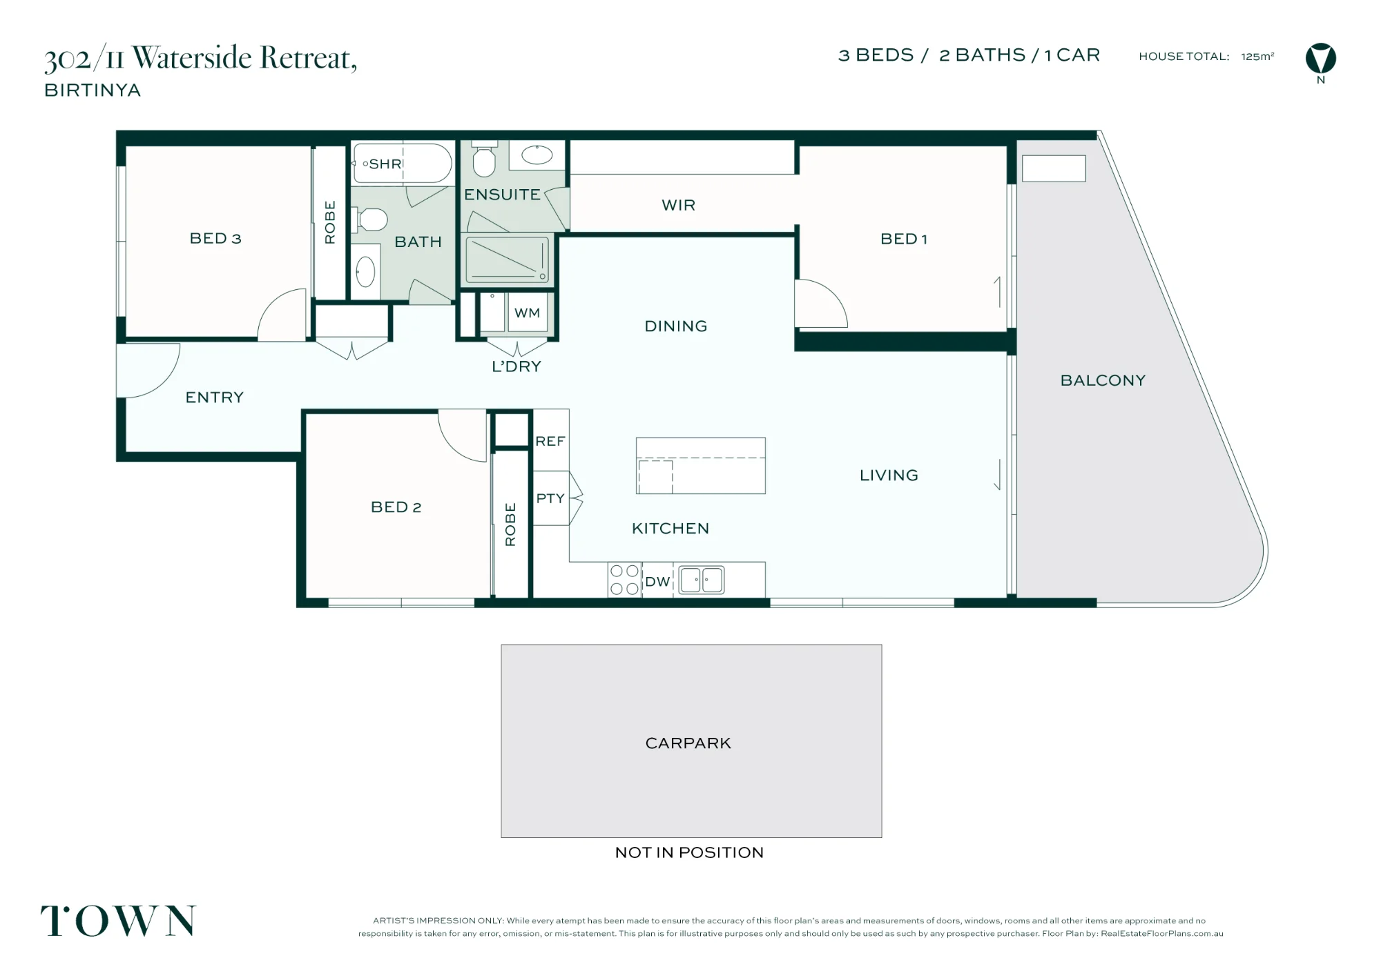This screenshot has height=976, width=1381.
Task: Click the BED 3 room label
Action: pos(215,238)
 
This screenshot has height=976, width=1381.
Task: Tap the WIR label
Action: pos(678,205)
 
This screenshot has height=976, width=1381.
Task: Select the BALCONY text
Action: pos(1103,380)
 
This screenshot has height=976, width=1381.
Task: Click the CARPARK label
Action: pos(688,743)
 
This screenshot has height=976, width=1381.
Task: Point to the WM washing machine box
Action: pos(528,313)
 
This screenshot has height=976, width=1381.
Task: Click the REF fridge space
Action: pos(550,440)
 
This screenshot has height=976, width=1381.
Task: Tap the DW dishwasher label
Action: pos(657,582)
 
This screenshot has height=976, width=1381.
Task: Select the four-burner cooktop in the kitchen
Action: pos(624,580)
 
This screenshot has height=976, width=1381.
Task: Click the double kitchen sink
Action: pos(702,580)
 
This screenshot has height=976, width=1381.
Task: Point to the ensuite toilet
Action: pos(484,159)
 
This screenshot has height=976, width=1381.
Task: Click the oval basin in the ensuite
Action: pos(537,155)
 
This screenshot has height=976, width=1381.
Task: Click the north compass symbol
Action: pos(1320,59)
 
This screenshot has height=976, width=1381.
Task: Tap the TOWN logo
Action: pos(118,921)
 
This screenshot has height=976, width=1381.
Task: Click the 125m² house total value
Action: pos(1257,57)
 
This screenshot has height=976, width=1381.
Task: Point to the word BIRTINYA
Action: pos(93,90)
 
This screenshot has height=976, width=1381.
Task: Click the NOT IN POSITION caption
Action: pos(689,852)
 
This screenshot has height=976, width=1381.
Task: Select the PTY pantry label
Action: pos(550,498)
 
